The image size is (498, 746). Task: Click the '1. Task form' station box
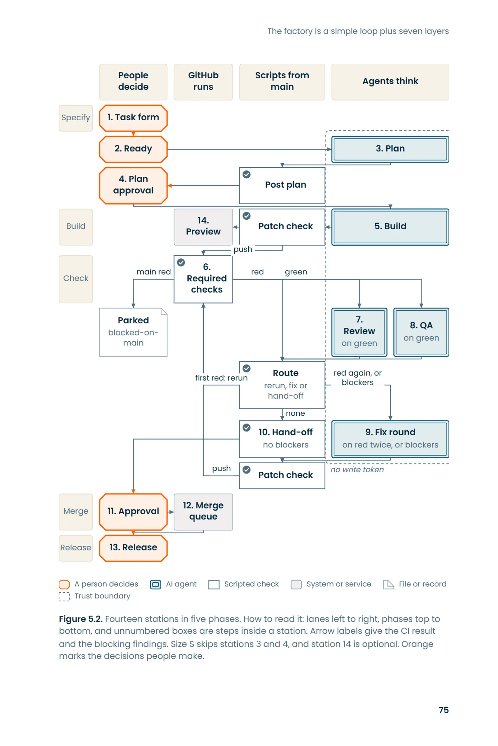[133, 118]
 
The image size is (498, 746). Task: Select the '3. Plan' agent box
[390, 149]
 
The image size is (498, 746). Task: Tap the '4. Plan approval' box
[133, 185]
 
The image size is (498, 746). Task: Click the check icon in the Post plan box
[247, 174]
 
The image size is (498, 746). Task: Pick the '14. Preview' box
[203, 227]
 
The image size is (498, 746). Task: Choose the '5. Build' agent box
[390, 227]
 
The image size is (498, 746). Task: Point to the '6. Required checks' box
[203, 279]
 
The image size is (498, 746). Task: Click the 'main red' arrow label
[153, 271]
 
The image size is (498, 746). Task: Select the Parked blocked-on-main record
[133, 332]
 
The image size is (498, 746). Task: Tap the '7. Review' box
[359, 332]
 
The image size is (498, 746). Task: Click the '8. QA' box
[421, 332]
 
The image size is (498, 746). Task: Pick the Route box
[282, 385]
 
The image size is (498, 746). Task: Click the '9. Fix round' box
[390, 439]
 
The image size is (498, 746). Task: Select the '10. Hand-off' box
[282, 439]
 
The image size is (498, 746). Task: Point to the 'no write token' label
[357, 469]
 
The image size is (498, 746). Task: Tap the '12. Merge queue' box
[203, 512]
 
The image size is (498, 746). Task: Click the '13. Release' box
[133, 548]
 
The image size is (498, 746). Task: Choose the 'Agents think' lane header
[390, 82]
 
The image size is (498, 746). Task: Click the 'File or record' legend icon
[388, 584]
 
